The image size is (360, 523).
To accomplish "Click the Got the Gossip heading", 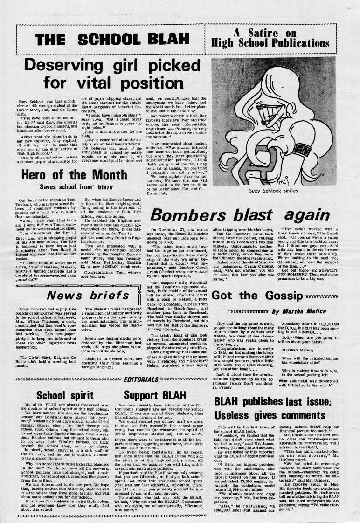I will pos(256,282).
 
